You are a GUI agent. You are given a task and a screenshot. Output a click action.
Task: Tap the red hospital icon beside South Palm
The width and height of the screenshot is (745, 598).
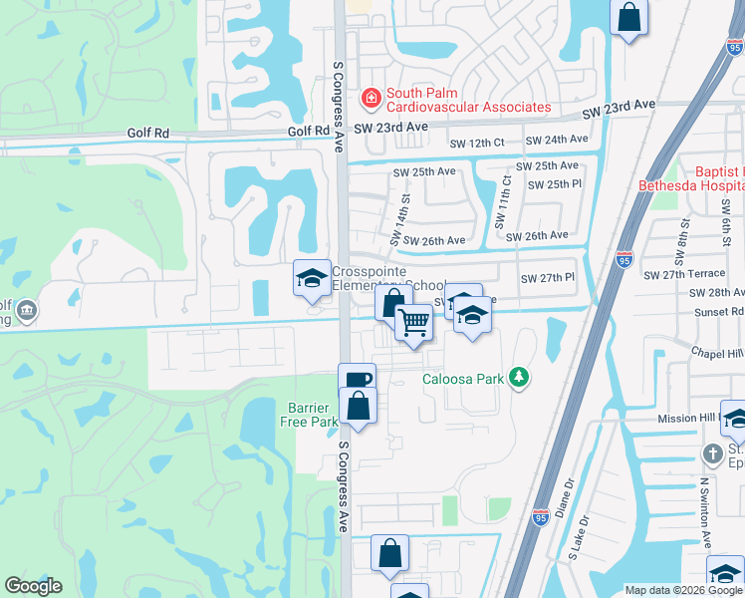click(x=372, y=98)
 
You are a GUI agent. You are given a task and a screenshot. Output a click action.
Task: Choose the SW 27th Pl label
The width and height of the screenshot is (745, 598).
click(x=548, y=277)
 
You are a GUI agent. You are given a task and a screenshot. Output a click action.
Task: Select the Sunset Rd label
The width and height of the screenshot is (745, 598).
click(x=722, y=312)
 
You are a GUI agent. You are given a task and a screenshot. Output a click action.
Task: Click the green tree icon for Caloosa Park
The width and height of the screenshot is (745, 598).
click(x=518, y=377)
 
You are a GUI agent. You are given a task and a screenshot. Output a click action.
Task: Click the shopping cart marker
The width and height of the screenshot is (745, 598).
click(x=412, y=322)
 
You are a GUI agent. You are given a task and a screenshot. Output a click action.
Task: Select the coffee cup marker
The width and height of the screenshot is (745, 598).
click(x=357, y=379)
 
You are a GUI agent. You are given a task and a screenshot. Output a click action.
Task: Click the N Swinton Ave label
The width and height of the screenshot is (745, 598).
click(x=704, y=511)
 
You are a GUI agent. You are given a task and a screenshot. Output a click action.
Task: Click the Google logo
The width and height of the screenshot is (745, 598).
click(x=33, y=586)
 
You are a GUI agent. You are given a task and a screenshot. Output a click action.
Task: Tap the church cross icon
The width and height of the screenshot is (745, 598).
click(x=711, y=454)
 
